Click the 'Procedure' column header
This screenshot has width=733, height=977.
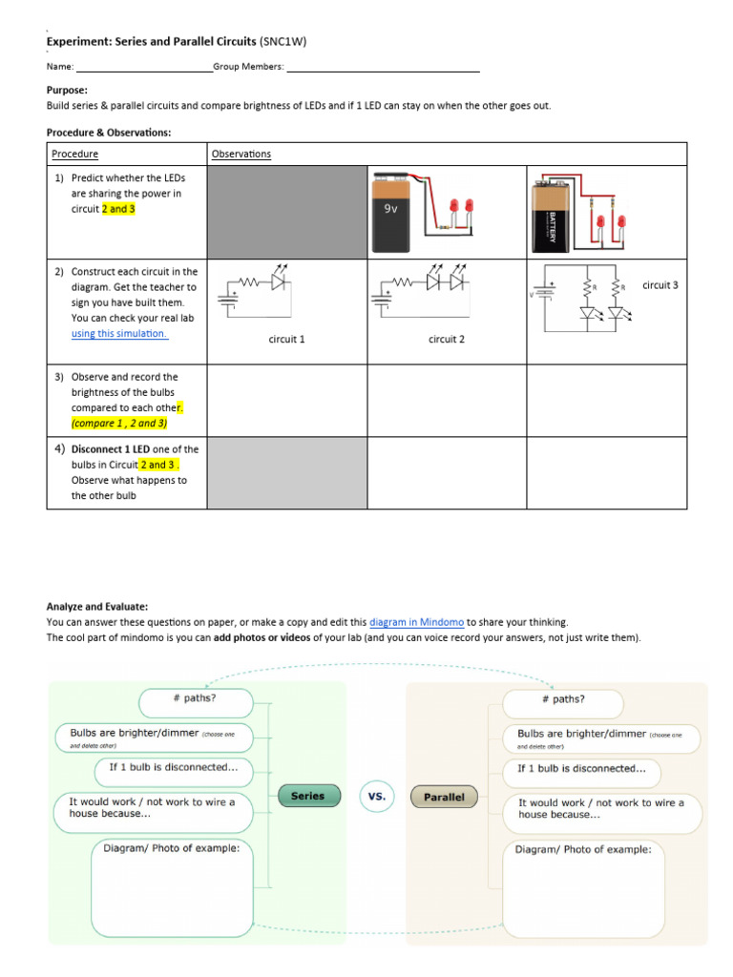[74, 154]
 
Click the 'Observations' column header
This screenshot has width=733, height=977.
[241, 154]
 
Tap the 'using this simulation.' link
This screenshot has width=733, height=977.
[119, 334]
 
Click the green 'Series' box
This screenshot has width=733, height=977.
[307, 796]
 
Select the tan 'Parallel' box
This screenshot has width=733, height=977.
[444, 797]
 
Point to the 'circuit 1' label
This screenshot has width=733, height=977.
[286, 339]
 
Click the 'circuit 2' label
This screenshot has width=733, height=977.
[447, 339]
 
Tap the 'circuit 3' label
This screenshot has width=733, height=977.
[660, 285]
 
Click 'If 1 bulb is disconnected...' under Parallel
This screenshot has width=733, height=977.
[581, 768]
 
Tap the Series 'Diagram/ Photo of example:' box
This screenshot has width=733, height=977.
[172, 887]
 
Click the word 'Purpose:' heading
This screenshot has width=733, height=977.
[67, 90]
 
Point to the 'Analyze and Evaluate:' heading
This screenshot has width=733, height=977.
[97, 606]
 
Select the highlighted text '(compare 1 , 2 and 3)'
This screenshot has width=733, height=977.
[119, 423]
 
